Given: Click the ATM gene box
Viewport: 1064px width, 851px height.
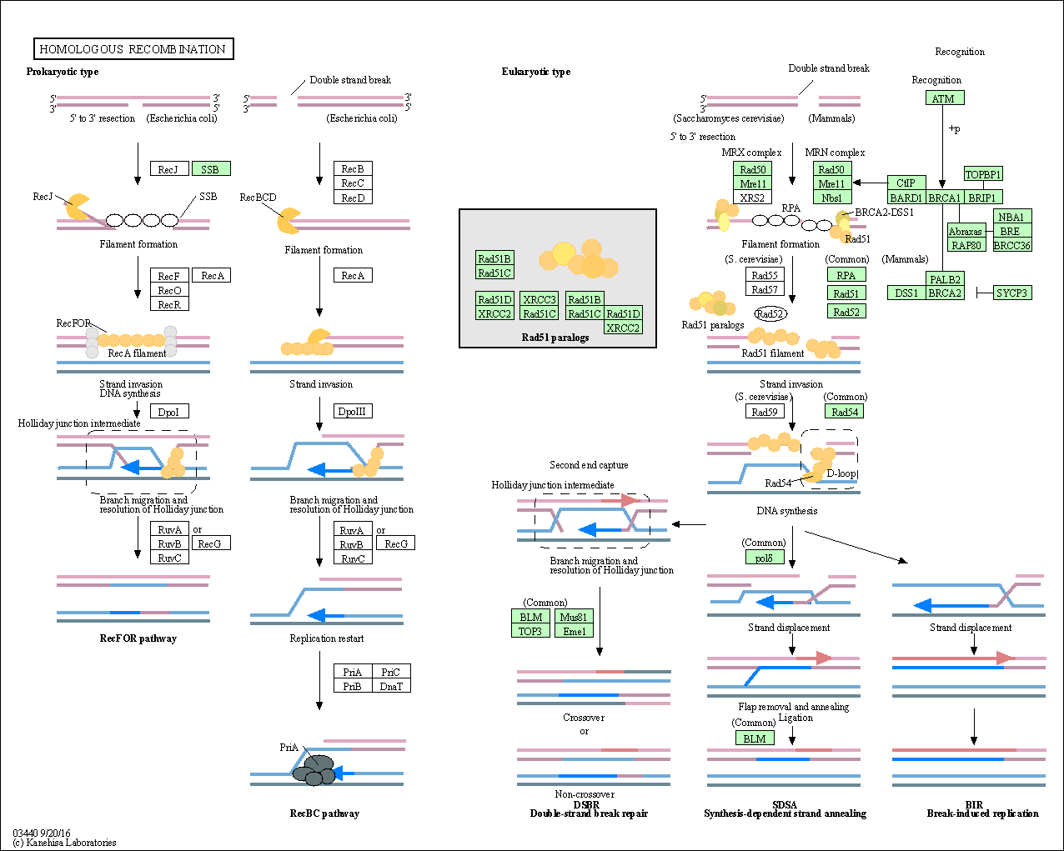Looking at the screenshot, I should click(x=944, y=98).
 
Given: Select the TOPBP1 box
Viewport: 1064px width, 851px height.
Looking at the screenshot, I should click(x=982, y=174).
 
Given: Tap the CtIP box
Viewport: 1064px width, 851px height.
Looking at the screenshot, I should click(x=906, y=183).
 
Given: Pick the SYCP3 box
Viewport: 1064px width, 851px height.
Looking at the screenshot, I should click(x=1011, y=293).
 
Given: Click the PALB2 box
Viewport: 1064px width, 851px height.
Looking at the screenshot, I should click(x=945, y=279).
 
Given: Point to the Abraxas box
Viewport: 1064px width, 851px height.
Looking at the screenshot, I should click(x=965, y=231).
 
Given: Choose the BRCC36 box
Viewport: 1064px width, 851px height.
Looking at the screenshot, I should click(x=1011, y=245).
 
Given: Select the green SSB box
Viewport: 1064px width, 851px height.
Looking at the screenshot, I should click(x=210, y=169).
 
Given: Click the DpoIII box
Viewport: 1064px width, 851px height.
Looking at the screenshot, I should click(x=352, y=411).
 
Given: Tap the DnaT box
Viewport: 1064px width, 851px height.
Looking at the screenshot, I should click(x=391, y=686).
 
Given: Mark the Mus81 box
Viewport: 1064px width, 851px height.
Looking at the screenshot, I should click(x=574, y=617).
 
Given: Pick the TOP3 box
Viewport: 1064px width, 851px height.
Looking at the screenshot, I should click(x=530, y=631).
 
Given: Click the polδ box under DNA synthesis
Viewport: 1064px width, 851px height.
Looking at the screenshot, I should click(x=764, y=558).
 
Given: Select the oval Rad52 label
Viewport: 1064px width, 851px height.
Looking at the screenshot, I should click(x=770, y=314).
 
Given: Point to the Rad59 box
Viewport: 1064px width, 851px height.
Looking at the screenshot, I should click(x=764, y=412).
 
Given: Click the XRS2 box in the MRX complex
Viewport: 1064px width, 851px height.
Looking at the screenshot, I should click(x=752, y=198).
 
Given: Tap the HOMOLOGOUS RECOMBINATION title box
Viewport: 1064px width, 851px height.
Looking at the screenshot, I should click(x=133, y=49).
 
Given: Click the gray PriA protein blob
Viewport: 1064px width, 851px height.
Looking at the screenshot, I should click(x=314, y=769).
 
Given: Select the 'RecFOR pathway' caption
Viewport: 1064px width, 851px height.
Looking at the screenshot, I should click(x=138, y=638).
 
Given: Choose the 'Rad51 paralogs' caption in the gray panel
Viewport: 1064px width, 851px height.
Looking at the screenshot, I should click(x=555, y=338).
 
